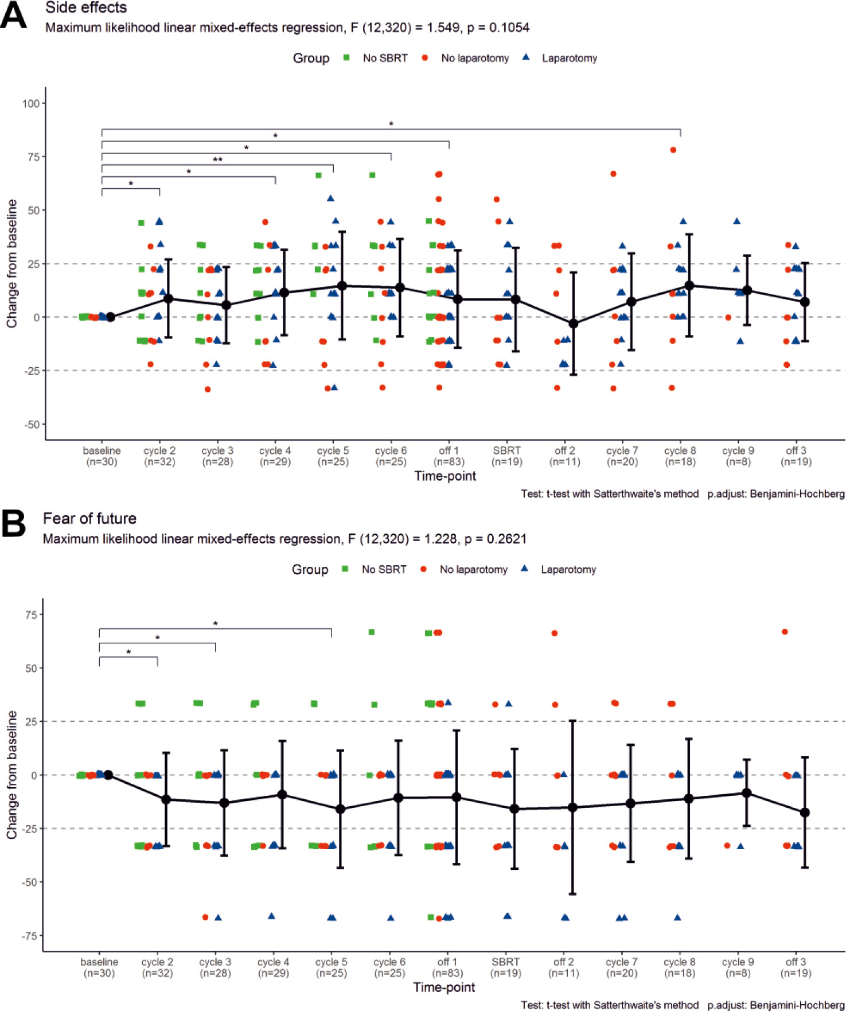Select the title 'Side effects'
coord(86,7)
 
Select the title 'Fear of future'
coord(89,519)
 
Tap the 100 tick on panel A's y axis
coord(31,104)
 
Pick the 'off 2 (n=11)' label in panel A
coord(565,456)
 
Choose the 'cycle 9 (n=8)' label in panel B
coord(738,967)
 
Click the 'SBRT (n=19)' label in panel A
coord(507,456)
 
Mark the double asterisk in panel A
coord(218,160)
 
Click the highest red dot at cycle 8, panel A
coord(673,150)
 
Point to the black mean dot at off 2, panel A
coord(573,324)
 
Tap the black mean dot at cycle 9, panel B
coord(747,793)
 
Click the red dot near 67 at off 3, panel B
coord(785,632)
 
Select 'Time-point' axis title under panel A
coord(445,476)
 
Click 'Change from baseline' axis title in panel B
coord(12,775)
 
